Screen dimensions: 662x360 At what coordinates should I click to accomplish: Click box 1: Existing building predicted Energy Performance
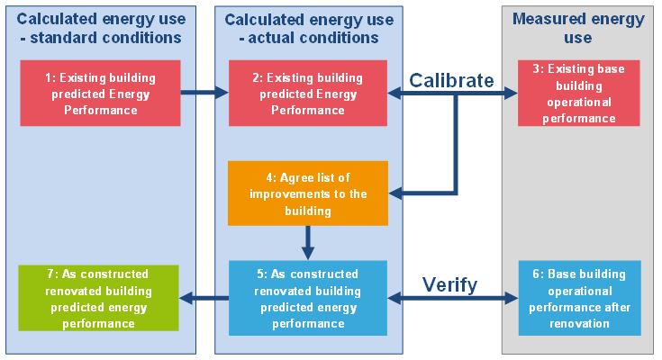[101, 94]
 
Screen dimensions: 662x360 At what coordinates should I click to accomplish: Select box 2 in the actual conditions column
[308, 94]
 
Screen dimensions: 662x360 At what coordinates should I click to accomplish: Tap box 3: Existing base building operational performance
[579, 94]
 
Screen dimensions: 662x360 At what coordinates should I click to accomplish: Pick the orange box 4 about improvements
[308, 193]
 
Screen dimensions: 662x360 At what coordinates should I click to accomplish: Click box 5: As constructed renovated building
[308, 298]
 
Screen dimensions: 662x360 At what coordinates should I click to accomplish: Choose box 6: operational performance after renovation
[580, 298]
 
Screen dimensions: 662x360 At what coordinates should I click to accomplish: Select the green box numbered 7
[98, 298]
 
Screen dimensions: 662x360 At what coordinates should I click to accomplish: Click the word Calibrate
[451, 80]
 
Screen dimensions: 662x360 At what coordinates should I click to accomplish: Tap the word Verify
[450, 285]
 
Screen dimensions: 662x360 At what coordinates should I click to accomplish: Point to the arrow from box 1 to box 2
[204, 93]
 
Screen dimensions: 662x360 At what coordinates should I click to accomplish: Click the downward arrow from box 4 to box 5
[308, 243]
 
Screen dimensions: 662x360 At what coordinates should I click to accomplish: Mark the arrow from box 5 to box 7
[204, 298]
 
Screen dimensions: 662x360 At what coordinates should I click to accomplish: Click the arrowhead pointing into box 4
[395, 193]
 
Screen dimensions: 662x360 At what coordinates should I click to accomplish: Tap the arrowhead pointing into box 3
[511, 94]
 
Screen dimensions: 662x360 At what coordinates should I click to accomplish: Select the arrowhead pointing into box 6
[512, 298]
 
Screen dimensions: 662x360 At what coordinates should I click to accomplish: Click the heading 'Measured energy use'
[578, 28]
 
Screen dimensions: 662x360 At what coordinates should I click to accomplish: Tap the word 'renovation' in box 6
[579, 324]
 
